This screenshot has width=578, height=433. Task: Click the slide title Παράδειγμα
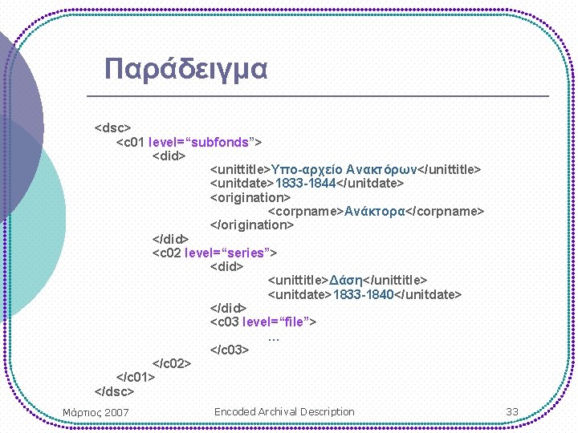point(185,69)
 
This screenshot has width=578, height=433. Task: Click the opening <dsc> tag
point(112,127)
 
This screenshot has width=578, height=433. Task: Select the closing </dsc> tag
point(115,391)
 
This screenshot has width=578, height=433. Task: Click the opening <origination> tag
point(250,197)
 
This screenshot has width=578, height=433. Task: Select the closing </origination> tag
point(252,225)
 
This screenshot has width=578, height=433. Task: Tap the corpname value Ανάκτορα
point(377,211)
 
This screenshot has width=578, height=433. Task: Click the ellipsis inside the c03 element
point(273,337)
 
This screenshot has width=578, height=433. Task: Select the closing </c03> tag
point(230,350)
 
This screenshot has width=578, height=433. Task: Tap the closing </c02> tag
point(172,364)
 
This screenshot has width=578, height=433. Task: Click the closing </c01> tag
point(136,377)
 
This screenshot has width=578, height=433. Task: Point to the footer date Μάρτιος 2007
point(96,412)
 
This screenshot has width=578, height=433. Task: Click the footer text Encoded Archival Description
point(284,411)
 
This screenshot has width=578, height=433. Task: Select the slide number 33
point(512,411)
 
